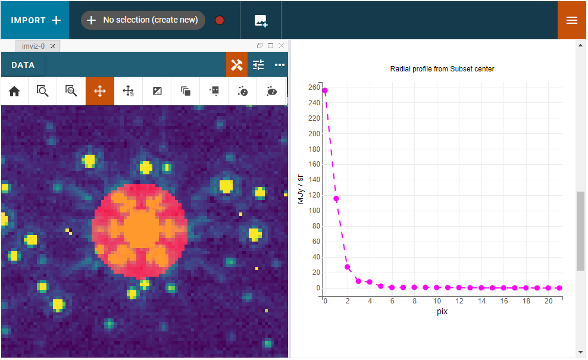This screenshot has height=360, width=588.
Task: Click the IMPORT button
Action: coord(35,20)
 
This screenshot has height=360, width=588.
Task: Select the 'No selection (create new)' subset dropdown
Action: coord(143,20)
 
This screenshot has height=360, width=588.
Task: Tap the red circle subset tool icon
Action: coord(220,20)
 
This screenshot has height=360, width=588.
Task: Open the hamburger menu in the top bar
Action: coord(572,20)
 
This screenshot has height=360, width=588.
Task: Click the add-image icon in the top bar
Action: coord(261,20)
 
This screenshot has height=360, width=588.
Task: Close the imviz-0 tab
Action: coord(53,46)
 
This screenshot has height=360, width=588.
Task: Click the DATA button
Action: coord(23,65)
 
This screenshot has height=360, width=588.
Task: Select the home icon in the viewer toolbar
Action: coord(14,91)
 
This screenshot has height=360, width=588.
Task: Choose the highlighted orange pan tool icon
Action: coord(100,91)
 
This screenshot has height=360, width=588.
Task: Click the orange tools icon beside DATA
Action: coord(236,65)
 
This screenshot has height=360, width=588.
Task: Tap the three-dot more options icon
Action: coord(280,65)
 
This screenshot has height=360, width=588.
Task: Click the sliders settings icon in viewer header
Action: coord(258,65)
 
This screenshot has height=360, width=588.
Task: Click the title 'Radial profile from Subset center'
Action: coord(442,69)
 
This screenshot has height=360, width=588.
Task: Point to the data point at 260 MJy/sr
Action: coord(325,90)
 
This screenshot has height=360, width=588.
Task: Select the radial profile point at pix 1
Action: coord(336,199)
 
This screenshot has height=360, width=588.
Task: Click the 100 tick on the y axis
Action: coord(314,211)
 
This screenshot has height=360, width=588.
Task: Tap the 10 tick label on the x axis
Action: coord(437,301)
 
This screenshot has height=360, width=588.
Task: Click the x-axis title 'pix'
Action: coord(442,311)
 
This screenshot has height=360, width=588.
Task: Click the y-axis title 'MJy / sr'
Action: coord(301,188)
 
